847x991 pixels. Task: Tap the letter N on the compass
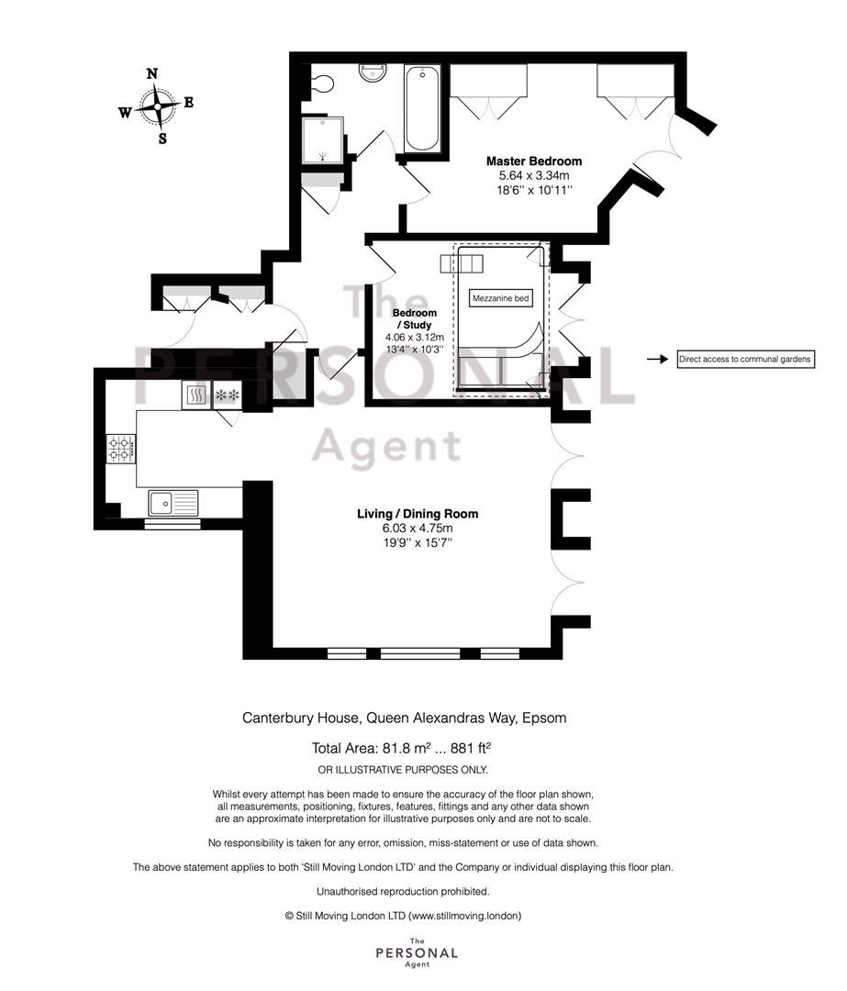(152, 73)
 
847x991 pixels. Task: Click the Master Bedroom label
(534, 161)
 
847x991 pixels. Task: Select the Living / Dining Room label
(418, 514)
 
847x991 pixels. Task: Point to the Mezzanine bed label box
(501, 298)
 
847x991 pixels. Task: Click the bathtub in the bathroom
(421, 108)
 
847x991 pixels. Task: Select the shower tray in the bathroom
(323, 139)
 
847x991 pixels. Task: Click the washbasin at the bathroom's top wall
(373, 72)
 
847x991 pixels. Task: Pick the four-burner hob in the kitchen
(121, 448)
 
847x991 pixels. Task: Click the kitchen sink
(173, 503)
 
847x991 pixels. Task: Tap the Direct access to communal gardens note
(745, 359)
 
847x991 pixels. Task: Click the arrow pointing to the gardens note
(657, 359)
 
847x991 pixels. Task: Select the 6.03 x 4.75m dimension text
(418, 529)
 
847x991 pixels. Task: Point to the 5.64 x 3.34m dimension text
(534, 175)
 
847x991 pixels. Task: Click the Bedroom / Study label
(415, 318)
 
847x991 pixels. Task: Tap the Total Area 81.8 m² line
(401, 749)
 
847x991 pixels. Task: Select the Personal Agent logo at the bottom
(417, 952)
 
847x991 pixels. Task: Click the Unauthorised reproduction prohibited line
(403, 892)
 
